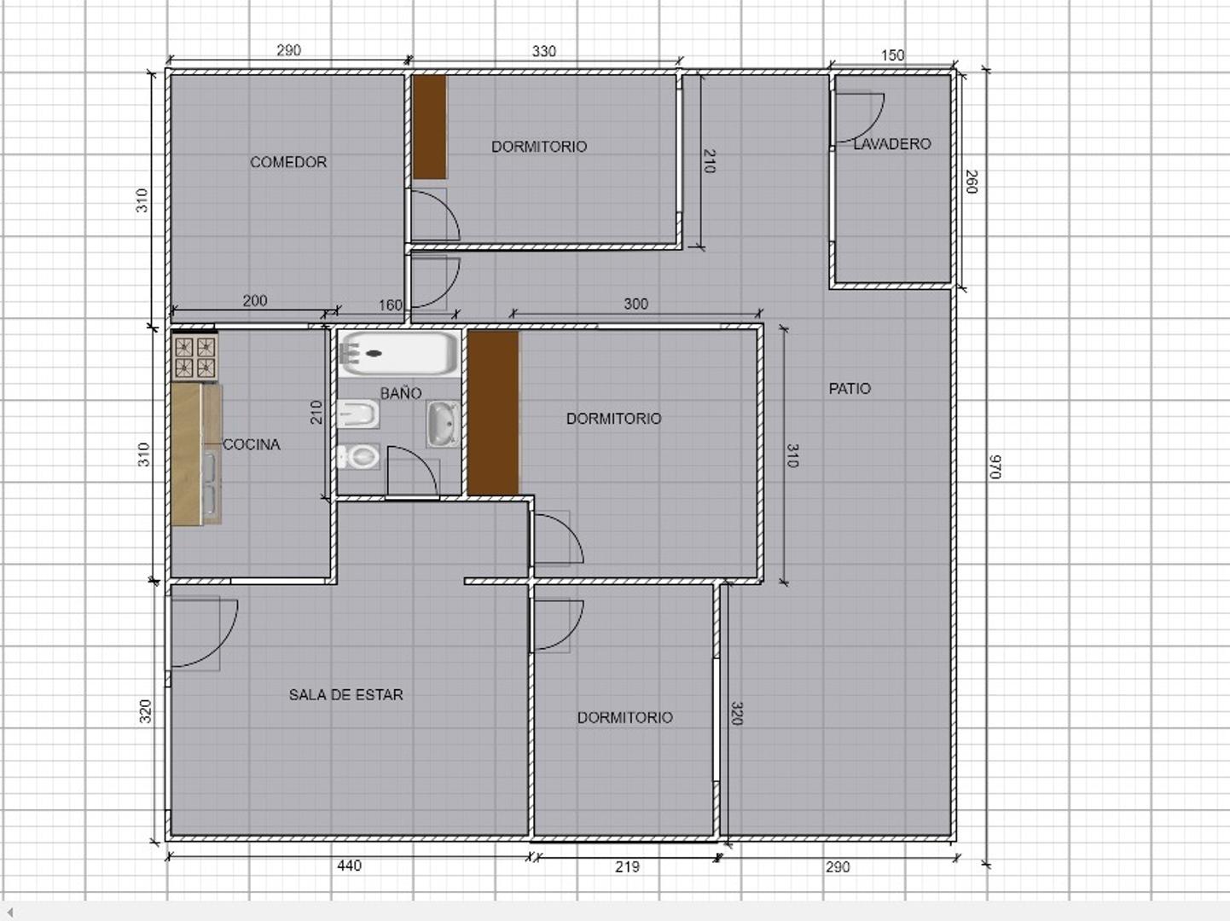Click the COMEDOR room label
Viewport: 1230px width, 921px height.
point(288,162)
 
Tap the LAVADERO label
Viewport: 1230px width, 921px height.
point(892,144)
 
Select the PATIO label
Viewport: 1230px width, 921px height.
point(850,388)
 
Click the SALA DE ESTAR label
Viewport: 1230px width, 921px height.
point(345,695)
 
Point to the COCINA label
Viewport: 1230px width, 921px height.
point(252,444)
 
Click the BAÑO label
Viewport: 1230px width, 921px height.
point(401,393)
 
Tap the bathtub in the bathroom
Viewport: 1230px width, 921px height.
point(398,354)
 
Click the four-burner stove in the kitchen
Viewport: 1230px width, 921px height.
point(195,357)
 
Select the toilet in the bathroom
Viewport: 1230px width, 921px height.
point(358,457)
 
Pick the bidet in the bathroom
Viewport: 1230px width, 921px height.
point(358,414)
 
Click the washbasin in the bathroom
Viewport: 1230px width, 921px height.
point(443,424)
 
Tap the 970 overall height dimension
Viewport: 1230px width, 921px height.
point(995,467)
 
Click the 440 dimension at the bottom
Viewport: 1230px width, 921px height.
point(349,866)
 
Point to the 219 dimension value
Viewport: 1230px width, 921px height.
point(627,867)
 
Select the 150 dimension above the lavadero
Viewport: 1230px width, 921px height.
point(893,55)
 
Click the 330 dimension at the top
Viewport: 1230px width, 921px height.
point(543,51)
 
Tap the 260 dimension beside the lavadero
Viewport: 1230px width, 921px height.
point(972,182)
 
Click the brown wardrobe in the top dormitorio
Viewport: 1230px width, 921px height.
point(430,126)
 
